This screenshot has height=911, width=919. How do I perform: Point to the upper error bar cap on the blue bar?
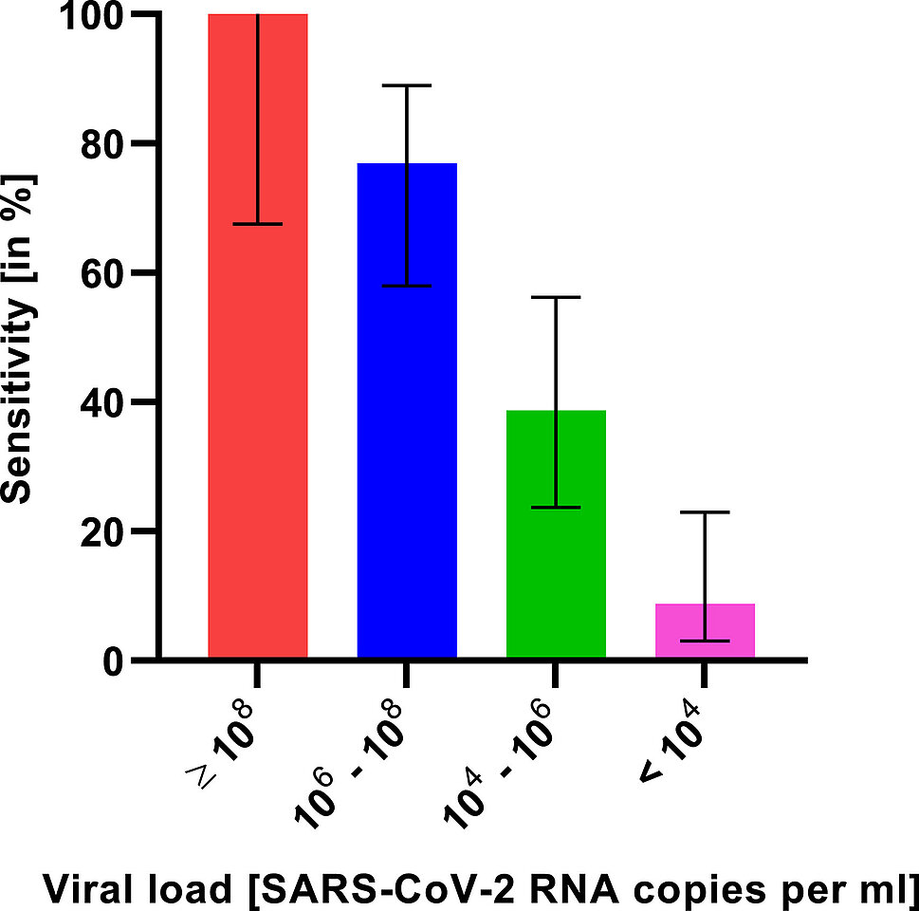[x=407, y=85]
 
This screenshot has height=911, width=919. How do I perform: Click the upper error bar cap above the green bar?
[x=556, y=297]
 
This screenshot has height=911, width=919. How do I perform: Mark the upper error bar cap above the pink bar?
[x=705, y=512]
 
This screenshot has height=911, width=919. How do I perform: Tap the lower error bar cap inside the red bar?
[x=257, y=224]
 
